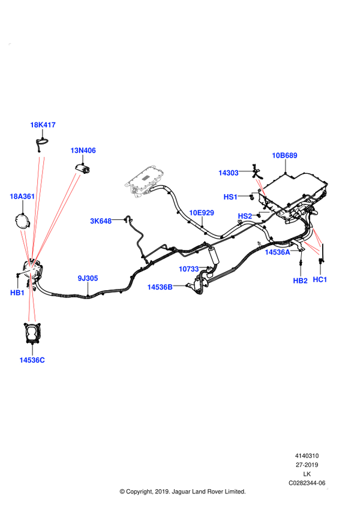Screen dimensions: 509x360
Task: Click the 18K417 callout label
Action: [x=43, y=125]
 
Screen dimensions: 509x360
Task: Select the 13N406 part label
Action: [x=83, y=150]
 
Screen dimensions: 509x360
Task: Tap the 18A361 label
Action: [x=22, y=196]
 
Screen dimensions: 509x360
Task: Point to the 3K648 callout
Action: [x=101, y=221]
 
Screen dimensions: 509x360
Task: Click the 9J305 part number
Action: [x=88, y=278]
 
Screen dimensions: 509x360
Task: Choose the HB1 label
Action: [x=17, y=293]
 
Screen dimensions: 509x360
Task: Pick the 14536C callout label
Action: [x=32, y=360]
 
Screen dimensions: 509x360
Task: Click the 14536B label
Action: [x=160, y=287]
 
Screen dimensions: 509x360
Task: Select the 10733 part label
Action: [x=188, y=269]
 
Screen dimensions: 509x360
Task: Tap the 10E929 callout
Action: [x=202, y=213]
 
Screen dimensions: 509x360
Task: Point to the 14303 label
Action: [x=229, y=173]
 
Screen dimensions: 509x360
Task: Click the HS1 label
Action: [x=230, y=197]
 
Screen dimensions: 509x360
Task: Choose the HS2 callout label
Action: [x=245, y=216]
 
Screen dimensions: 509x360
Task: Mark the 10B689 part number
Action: [x=284, y=156]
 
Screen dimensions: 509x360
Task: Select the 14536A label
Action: [x=277, y=252]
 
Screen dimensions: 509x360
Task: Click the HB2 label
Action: [x=300, y=281]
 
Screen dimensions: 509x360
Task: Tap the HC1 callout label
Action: [x=320, y=279]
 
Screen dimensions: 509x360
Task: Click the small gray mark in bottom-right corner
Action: [x=327, y=489]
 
